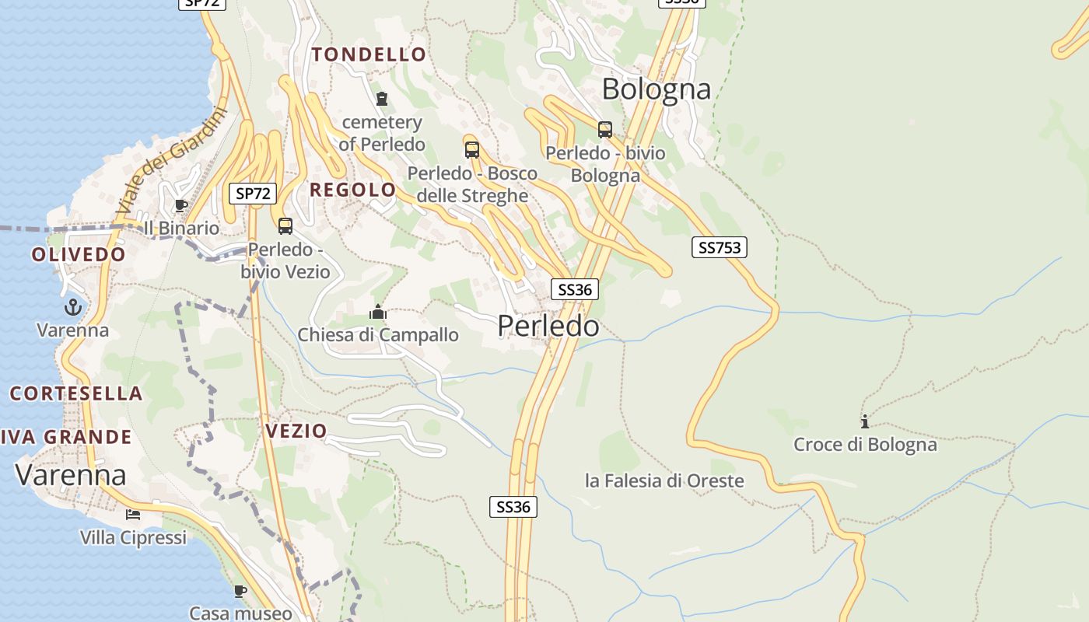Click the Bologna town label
[x=657, y=89]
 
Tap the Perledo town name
[x=548, y=326]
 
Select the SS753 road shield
[x=719, y=247]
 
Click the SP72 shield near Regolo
[x=253, y=194]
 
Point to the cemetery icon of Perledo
[x=382, y=99]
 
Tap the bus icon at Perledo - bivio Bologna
[x=605, y=130]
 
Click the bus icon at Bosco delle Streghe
[x=471, y=150]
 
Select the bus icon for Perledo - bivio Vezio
[x=285, y=226]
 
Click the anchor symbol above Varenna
[x=72, y=307]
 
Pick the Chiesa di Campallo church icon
[x=378, y=313]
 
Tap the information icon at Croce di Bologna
[x=864, y=421]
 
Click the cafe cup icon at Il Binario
[x=180, y=205]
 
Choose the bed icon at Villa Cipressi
[x=133, y=514]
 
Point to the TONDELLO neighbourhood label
[x=369, y=54]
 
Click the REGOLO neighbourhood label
[x=353, y=190]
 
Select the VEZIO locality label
[x=296, y=431]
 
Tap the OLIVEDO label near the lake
[x=79, y=254]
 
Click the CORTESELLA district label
[x=76, y=393]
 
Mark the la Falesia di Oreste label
[x=664, y=480]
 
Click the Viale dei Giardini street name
[x=170, y=161]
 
